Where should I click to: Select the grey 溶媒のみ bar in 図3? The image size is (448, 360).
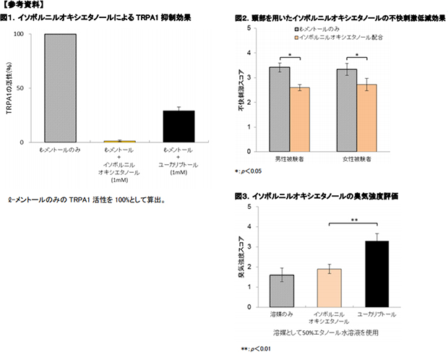281,291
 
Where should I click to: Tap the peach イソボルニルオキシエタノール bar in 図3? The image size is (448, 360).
329,288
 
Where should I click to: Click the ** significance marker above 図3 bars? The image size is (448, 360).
354,220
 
